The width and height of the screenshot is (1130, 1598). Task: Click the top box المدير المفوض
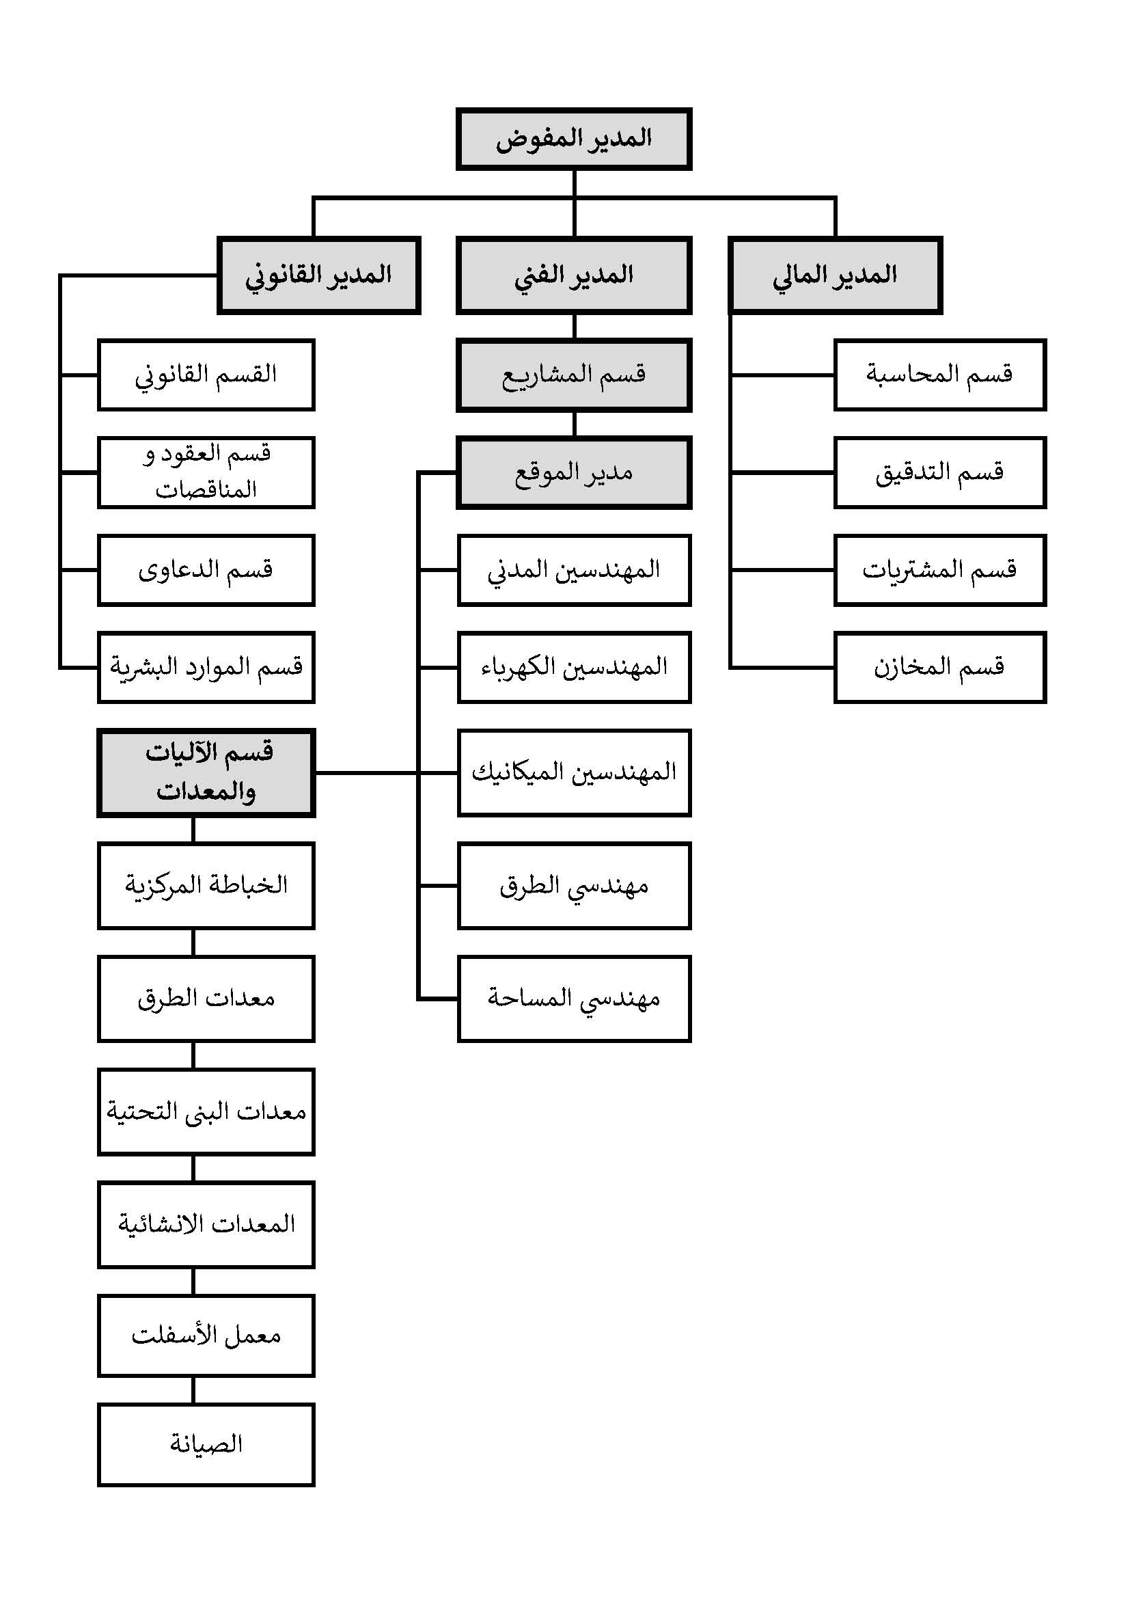click(573, 139)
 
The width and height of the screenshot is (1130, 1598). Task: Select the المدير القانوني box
click(318, 275)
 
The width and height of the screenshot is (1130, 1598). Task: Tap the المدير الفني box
click(573, 275)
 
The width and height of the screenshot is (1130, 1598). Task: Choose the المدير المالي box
click(835, 275)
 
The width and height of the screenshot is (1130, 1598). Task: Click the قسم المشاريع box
click(573, 375)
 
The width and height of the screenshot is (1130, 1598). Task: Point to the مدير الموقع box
click(573, 472)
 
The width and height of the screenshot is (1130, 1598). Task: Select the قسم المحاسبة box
click(939, 375)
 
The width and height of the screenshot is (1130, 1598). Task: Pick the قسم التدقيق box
click(939, 472)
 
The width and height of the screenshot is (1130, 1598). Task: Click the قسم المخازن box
click(939, 668)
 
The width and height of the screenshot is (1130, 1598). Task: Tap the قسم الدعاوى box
click(206, 570)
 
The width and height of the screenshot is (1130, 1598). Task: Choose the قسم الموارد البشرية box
click(206, 668)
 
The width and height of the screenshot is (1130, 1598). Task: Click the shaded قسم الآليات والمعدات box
click(206, 772)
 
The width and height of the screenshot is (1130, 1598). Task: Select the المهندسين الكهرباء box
click(573, 668)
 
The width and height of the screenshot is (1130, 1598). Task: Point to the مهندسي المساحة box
click(573, 999)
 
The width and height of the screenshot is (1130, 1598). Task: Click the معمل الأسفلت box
click(206, 1336)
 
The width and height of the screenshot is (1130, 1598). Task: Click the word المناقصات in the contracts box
click(206, 490)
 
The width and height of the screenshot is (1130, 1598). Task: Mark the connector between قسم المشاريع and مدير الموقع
click(574, 424)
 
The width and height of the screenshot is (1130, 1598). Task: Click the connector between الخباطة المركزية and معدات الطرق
click(193, 943)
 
